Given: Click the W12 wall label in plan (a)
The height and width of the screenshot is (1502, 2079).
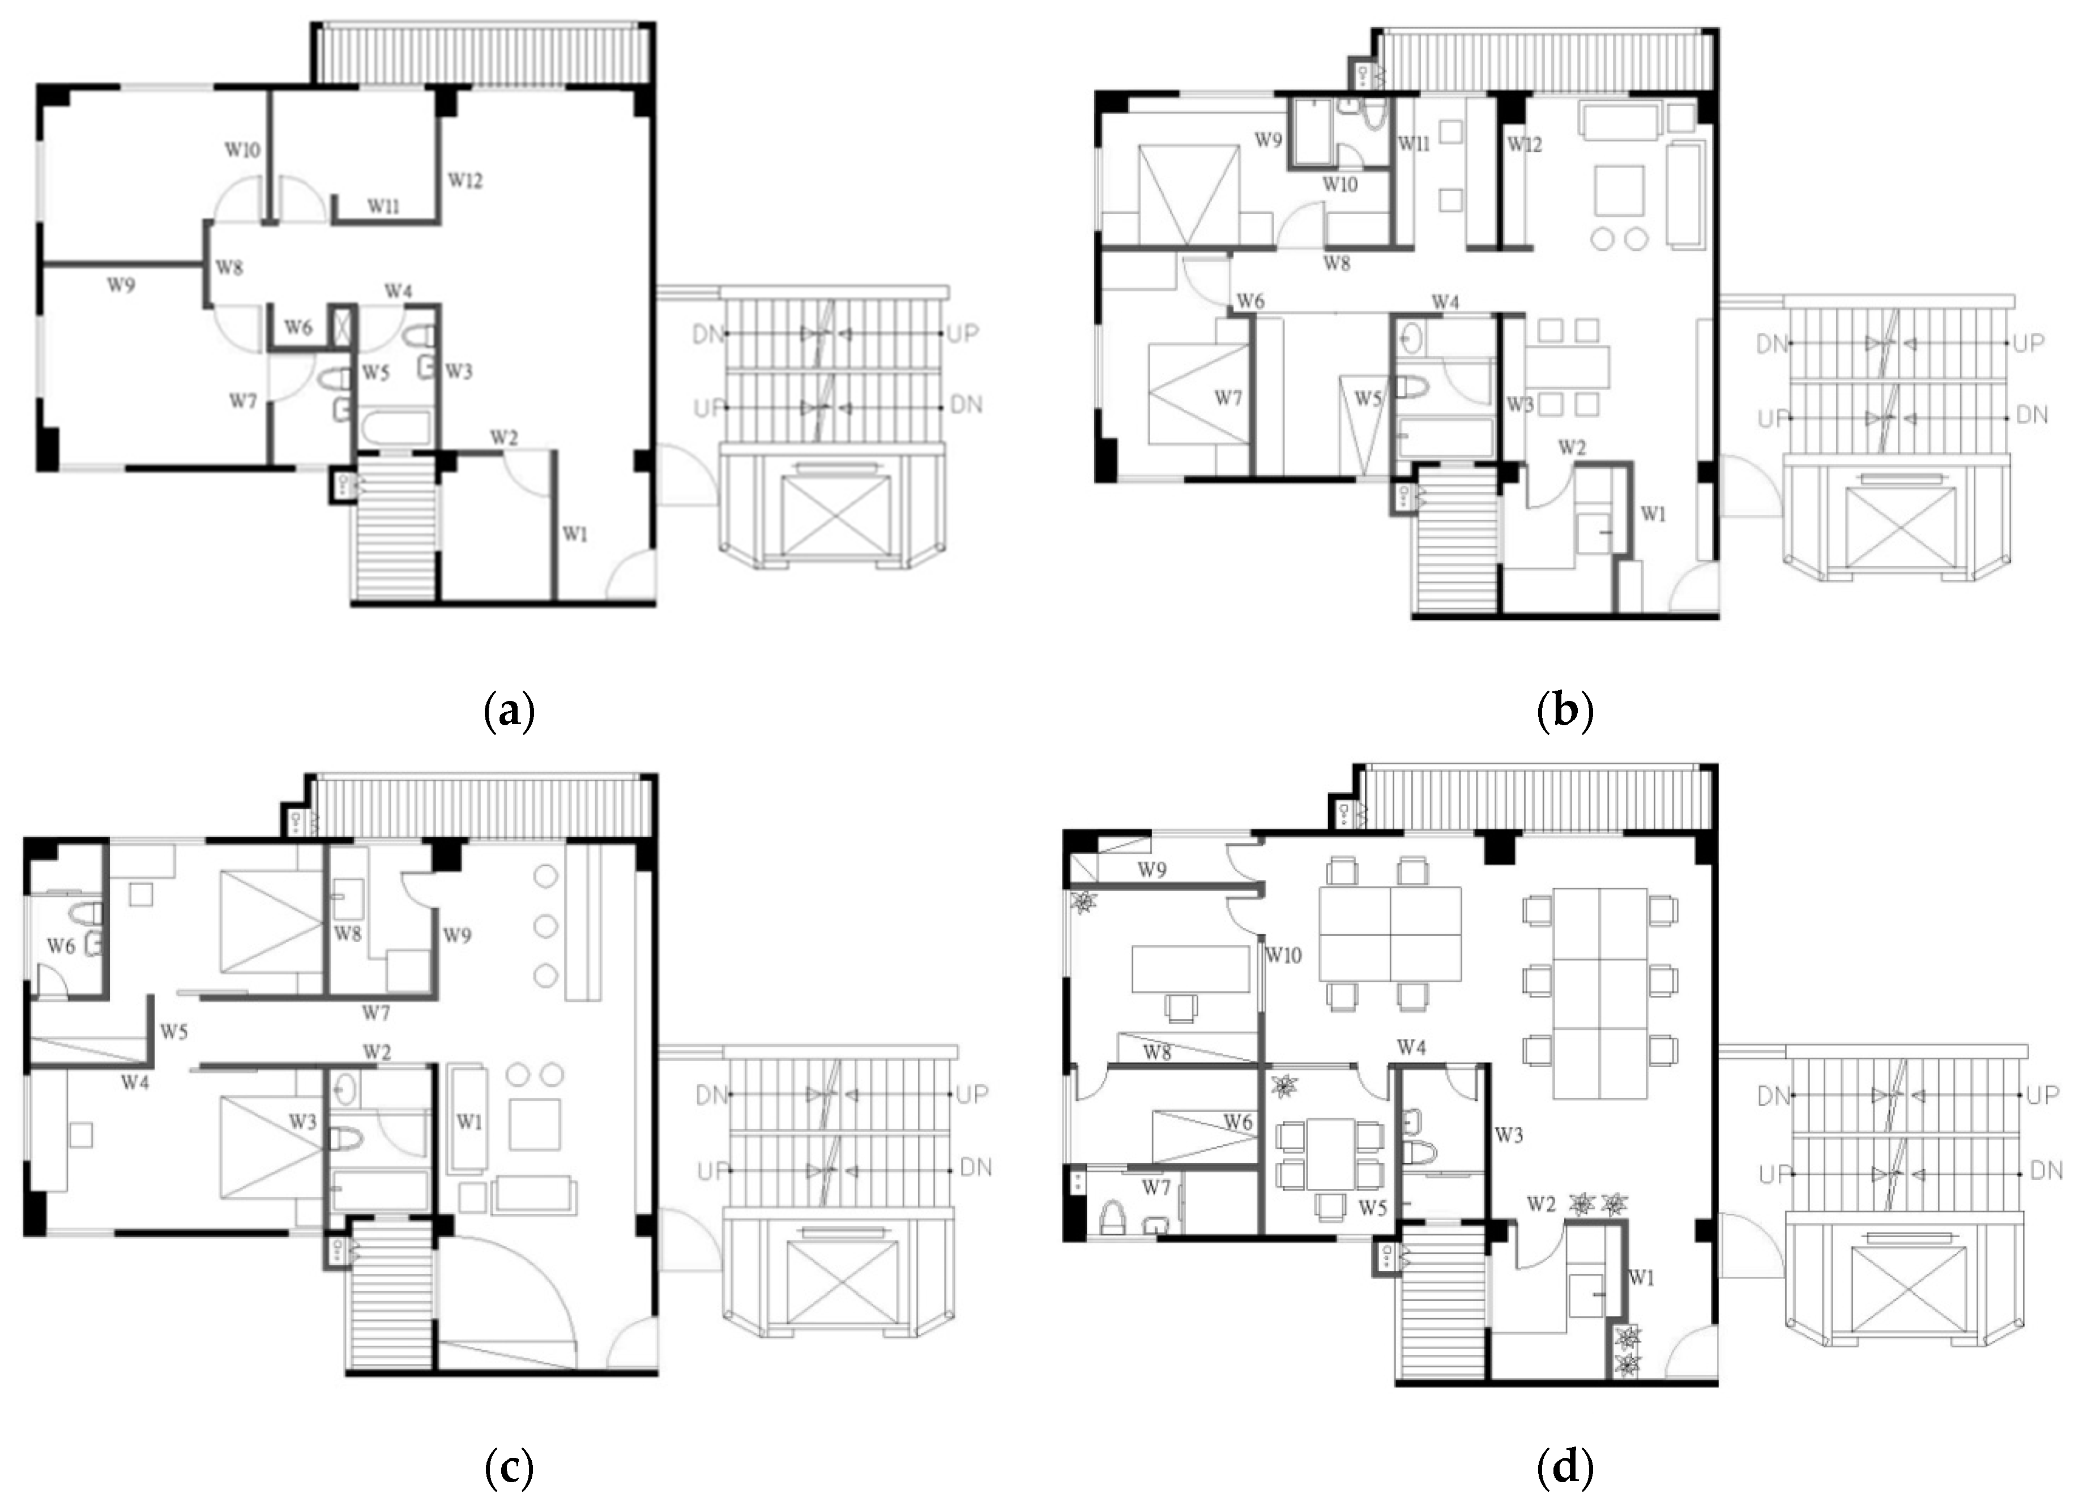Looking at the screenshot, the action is tap(465, 181).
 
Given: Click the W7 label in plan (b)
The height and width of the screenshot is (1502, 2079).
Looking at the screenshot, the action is tap(1228, 398).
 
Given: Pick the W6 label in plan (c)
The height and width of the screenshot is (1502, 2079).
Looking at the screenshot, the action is tap(61, 945).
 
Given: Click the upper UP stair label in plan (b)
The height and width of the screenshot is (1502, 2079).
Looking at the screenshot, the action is tap(2029, 343).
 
